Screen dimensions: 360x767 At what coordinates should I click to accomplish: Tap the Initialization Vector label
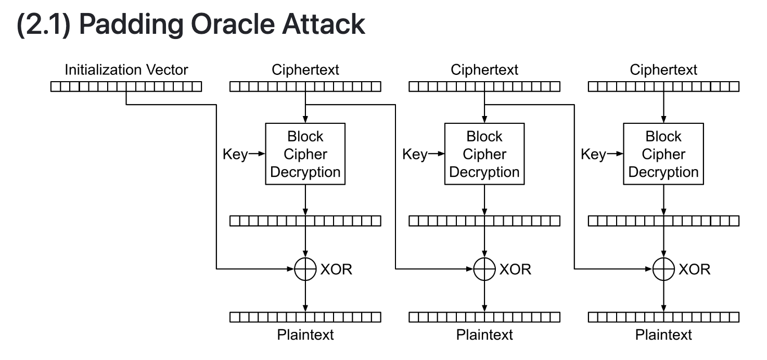click(126, 70)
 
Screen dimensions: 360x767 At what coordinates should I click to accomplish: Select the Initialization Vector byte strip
click(126, 87)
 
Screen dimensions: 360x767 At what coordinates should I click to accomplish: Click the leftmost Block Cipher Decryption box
click(305, 154)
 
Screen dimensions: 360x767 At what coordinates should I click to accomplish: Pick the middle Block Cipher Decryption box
click(484, 154)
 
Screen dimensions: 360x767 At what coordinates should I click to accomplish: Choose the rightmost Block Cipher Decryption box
click(663, 154)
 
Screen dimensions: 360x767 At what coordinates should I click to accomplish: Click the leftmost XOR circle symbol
click(305, 269)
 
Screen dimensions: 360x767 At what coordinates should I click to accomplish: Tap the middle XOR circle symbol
click(484, 269)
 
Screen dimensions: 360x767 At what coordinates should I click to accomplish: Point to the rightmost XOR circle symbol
click(663, 269)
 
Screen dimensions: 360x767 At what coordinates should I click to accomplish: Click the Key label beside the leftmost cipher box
click(235, 154)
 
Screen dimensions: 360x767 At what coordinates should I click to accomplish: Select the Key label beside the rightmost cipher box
click(593, 154)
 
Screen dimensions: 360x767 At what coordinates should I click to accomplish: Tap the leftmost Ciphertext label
click(305, 70)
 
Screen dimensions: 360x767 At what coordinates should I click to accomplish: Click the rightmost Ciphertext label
click(663, 70)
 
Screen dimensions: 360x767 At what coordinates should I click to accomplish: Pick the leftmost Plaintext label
click(305, 335)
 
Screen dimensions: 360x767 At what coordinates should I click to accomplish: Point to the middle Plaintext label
click(484, 335)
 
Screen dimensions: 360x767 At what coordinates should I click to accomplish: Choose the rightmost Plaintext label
click(663, 335)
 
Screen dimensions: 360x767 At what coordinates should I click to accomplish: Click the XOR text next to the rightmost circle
click(694, 269)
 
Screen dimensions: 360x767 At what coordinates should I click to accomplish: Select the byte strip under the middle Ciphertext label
click(484, 87)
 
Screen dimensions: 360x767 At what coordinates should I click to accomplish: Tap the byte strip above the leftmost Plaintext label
click(305, 317)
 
